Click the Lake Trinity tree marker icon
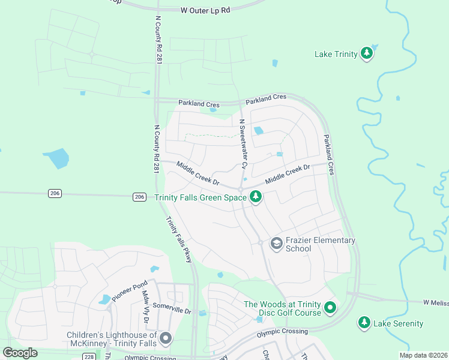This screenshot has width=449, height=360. pyautogui.click(x=367, y=54)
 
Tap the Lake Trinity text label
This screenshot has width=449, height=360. pyautogui.click(x=336, y=55)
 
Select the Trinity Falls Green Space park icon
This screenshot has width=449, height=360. pyautogui.click(x=256, y=197)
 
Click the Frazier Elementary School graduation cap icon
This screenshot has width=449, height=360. pyautogui.click(x=276, y=244)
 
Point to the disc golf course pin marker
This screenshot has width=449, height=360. pyautogui.click(x=330, y=308)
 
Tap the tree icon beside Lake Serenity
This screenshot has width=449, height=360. pyautogui.click(x=364, y=323)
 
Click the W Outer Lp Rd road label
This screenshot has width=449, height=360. pyautogui.click(x=205, y=10)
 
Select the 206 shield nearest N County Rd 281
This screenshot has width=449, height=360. pyautogui.click(x=139, y=196)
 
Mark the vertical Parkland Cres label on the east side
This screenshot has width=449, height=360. pyautogui.click(x=328, y=155)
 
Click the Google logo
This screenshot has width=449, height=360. pyautogui.click(x=20, y=353)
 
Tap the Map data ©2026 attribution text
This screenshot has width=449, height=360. pyautogui.click(x=423, y=355)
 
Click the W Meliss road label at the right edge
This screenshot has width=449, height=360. pyautogui.click(x=435, y=302)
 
